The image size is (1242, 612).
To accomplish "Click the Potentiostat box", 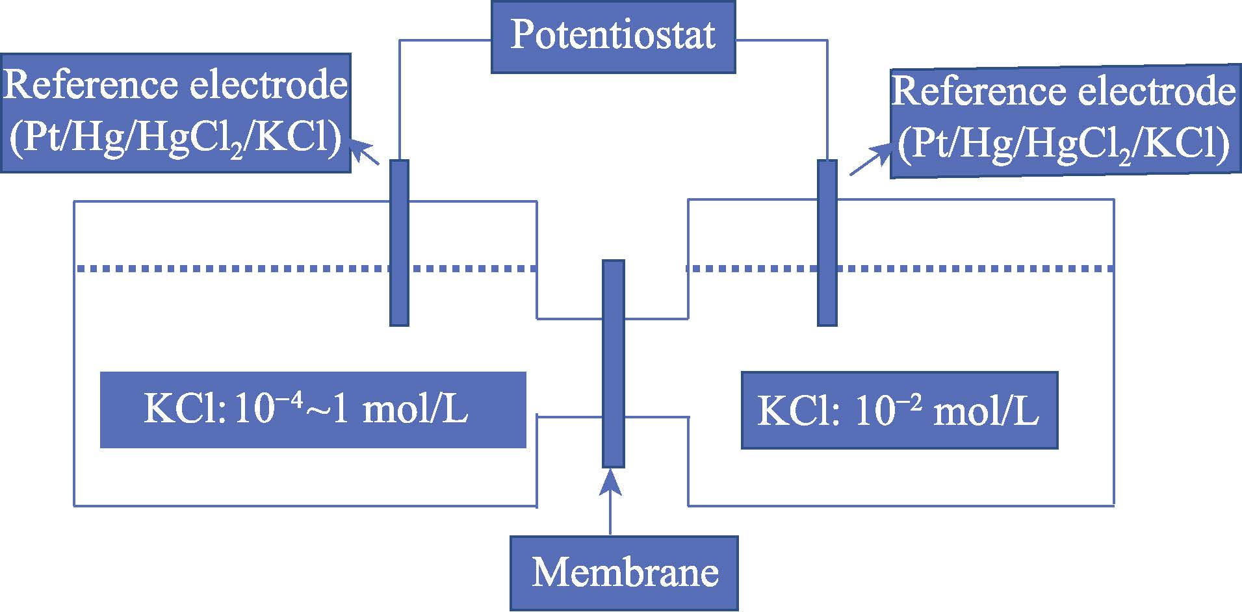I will click(613, 36).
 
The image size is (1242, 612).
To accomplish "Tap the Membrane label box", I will click(624, 573).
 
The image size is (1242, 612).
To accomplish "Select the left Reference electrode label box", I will click(175, 113).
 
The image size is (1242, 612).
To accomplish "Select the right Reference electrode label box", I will click(1065, 122).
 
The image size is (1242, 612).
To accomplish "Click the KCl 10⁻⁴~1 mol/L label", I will click(313, 410).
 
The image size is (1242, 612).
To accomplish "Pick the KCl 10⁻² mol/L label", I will click(899, 411).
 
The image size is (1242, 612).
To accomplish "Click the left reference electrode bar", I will click(399, 242).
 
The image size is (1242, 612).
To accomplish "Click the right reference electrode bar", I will click(827, 242).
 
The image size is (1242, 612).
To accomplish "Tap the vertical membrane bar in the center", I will click(613, 364).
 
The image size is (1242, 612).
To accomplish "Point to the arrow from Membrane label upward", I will click(610, 500).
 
